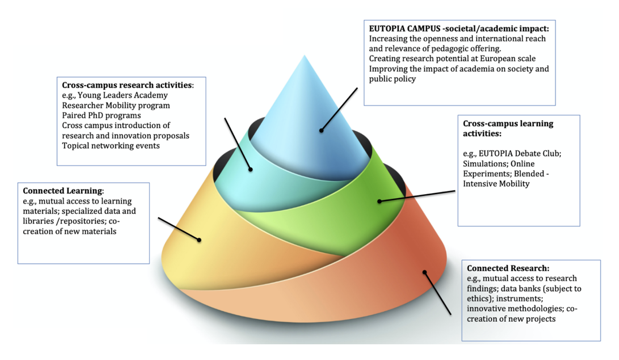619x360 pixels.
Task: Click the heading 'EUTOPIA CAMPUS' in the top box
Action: tap(404, 29)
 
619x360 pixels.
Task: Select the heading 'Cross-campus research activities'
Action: tap(127, 85)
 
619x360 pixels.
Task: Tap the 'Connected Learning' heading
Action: tap(63, 191)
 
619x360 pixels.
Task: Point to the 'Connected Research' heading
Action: tap(507, 268)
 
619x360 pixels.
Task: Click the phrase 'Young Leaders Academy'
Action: tap(122, 95)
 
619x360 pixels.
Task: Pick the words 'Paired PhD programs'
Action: tap(101, 115)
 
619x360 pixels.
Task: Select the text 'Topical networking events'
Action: tap(110, 146)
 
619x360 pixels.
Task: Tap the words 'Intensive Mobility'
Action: tap(496, 184)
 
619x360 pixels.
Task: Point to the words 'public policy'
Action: tap(392, 79)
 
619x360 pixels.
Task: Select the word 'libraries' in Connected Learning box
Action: tap(38, 221)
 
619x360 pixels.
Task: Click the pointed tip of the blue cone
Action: tap(304, 56)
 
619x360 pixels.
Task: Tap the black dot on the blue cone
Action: tap(321, 130)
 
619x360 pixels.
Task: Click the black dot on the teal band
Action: tap(250, 170)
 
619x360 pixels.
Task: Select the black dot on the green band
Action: tap(379, 201)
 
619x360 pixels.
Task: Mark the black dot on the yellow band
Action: tap(199, 240)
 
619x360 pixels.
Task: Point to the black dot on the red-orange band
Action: tap(424, 272)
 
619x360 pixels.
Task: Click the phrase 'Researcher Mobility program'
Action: tap(116, 105)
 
